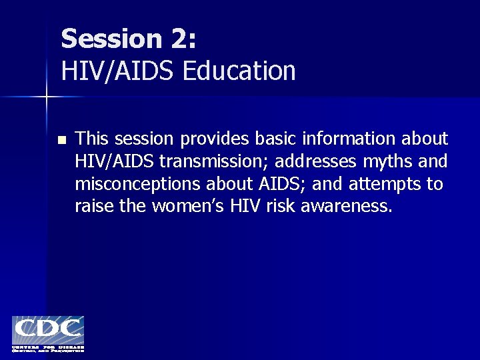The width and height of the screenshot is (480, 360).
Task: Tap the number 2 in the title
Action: coord(179,39)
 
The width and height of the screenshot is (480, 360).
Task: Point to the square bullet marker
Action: coord(62,140)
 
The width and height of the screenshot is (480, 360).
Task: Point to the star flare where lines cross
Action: coord(47,97)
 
